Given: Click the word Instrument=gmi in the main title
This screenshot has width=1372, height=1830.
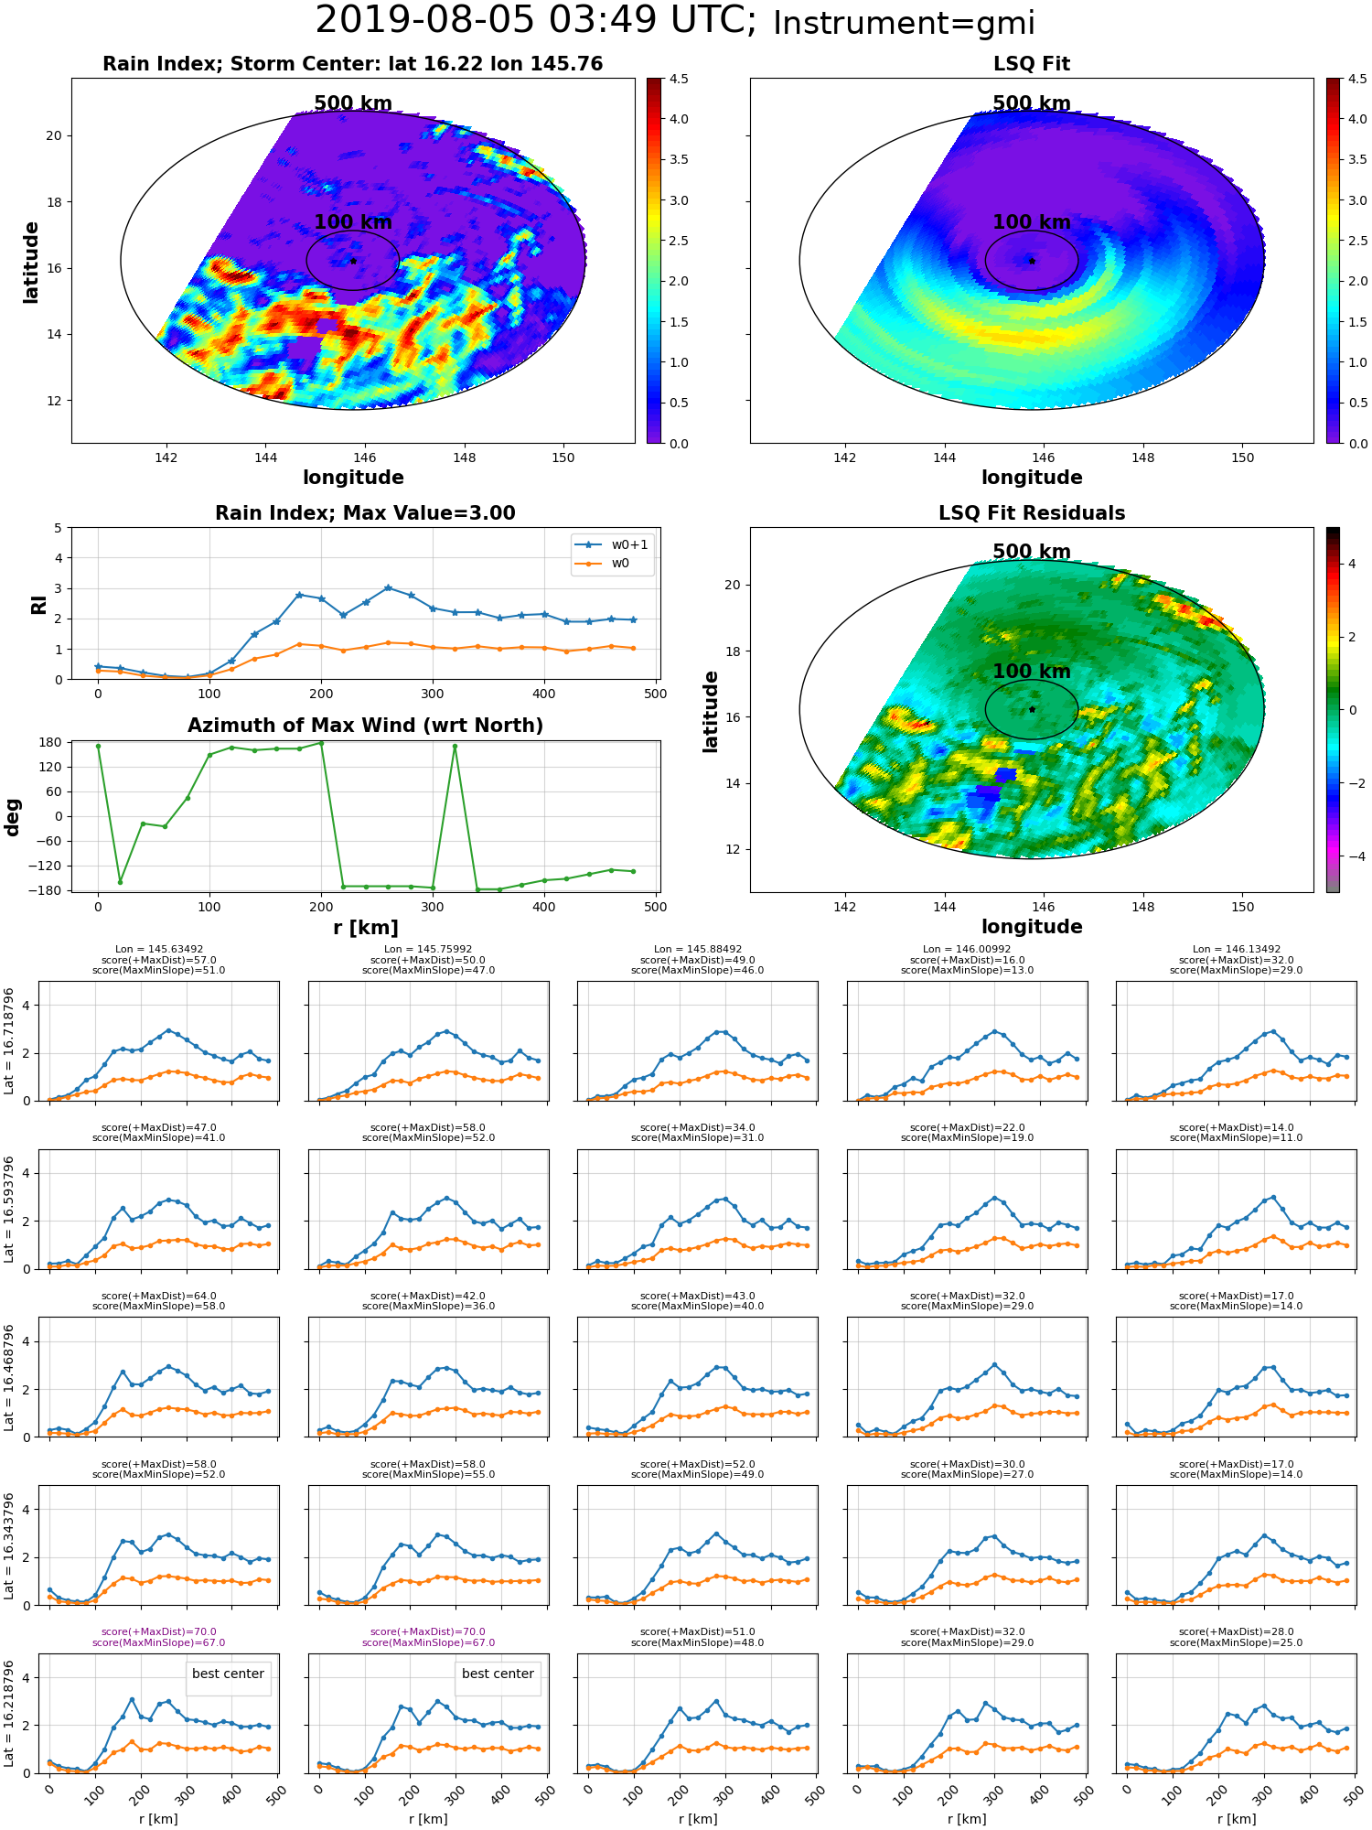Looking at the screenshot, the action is [x=904, y=24].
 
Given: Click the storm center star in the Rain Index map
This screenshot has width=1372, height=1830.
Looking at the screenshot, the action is [x=353, y=261].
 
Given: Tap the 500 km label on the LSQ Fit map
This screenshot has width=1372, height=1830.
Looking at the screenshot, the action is [x=1032, y=103].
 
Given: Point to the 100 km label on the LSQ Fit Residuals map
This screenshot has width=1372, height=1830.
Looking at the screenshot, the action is [x=1032, y=671].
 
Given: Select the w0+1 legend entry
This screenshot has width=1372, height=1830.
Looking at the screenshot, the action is [x=612, y=544].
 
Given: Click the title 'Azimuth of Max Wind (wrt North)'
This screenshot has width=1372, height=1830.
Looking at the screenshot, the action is [x=365, y=726].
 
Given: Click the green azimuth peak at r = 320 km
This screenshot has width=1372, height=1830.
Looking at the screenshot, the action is [x=455, y=746].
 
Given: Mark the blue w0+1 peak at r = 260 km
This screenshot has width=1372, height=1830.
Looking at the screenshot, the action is [x=388, y=587].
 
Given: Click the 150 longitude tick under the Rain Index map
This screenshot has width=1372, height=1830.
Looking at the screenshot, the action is [x=563, y=457].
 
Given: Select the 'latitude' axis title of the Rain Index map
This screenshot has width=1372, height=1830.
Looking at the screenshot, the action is [x=31, y=262].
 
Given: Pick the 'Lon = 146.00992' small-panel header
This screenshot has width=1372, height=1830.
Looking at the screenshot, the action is [x=967, y=950].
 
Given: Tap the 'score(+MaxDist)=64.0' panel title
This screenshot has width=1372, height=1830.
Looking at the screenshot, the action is [x=159, y=1296].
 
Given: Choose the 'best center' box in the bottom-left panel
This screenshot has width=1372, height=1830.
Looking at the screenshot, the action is [x=228, y=1674].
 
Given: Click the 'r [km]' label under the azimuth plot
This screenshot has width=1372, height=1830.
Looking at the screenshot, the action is [x=365, y=928].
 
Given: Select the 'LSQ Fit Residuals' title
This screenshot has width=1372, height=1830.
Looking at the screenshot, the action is [x=1032, y=513].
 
